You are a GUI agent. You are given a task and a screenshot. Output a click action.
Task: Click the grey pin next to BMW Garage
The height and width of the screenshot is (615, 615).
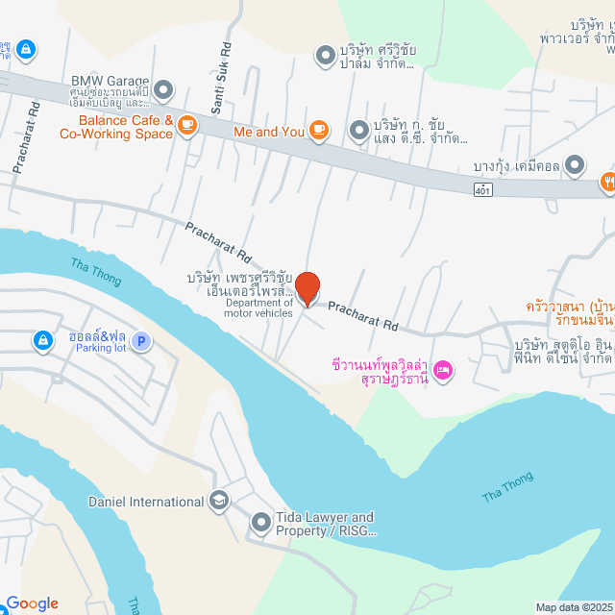pyautogui.click(x=163, y=90)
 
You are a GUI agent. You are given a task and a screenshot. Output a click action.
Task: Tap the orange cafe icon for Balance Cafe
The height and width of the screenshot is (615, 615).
pyautogui.click(x=186, y=123)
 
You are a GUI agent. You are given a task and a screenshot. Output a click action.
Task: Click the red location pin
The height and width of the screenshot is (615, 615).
pyautogui.click(x=307, y=289)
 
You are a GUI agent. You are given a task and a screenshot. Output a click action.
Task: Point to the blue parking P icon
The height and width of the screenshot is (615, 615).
pyautogui.click(x=141, y=341)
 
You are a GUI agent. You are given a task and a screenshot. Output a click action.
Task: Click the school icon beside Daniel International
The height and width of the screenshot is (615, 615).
pyautogui.click(x=219, y=501)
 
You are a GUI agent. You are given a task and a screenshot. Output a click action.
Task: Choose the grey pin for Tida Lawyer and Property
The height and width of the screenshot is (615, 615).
pyautogui.click(x=260, y=523)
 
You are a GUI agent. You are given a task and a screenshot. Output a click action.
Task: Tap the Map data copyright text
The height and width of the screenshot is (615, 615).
pyautogui.click(x=573, y=607)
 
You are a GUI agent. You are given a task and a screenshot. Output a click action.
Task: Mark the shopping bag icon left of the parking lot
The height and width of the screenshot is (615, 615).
pyautogui.click(x=43, y=340)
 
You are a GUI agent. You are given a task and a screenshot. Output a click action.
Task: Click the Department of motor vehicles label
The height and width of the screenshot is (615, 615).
pyautogui.click(x=259, y=308)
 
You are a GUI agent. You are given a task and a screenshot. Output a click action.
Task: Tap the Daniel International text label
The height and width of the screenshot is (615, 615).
pyautogui.click(x=145, y=502)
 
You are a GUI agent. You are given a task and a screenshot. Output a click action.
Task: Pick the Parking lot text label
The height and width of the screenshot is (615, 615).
pyautogui.click(x=101, y=348)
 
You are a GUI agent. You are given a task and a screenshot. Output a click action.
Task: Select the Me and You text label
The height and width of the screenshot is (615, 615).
pyautogui.click(x=269, y=130)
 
